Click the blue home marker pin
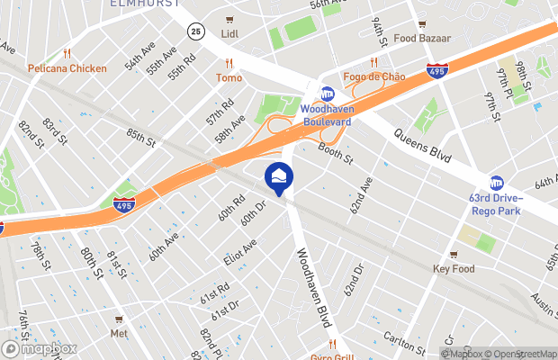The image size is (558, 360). [x=278, y=176]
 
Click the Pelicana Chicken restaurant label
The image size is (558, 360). [x=67, y=68]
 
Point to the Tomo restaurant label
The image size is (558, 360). [x=229, y=77]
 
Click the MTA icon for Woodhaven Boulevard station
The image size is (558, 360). [x=328, y=93]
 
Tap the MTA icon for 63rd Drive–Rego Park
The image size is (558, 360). [x=496, y=183]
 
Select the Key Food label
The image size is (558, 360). [x=453, y=268]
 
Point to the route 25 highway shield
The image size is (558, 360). [x=196, y=31]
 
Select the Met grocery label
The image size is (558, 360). [x=119, y=332]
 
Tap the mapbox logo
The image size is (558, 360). [x=39, y=348]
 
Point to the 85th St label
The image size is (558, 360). [x=140, y=139]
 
